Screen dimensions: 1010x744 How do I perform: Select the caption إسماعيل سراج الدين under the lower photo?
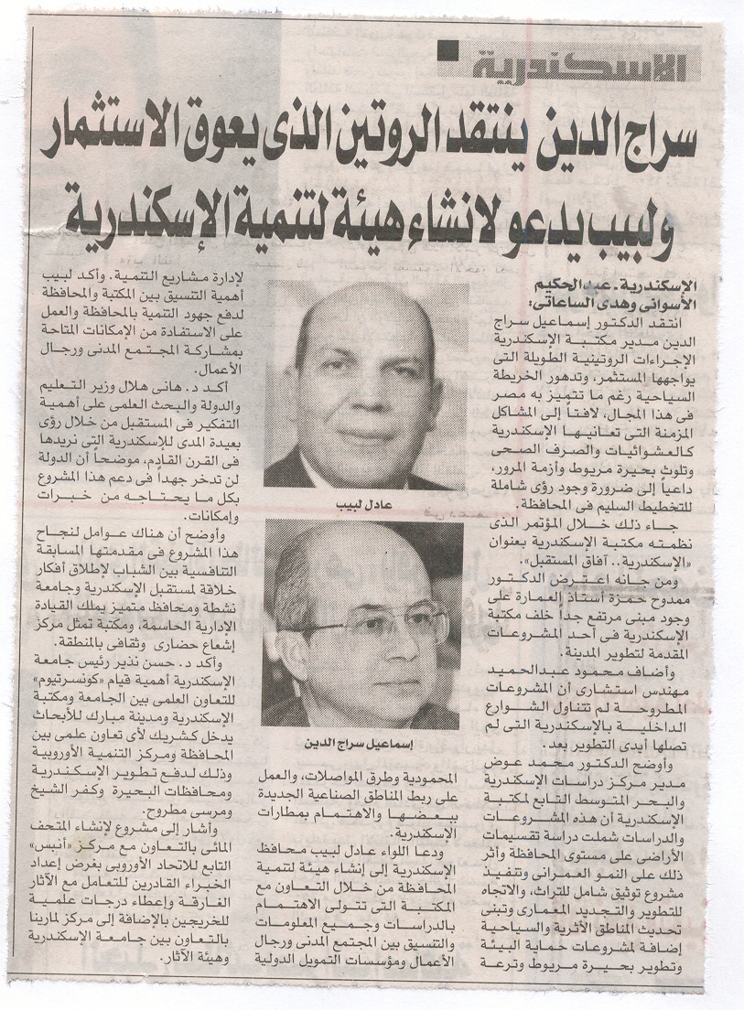click(365, 743)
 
